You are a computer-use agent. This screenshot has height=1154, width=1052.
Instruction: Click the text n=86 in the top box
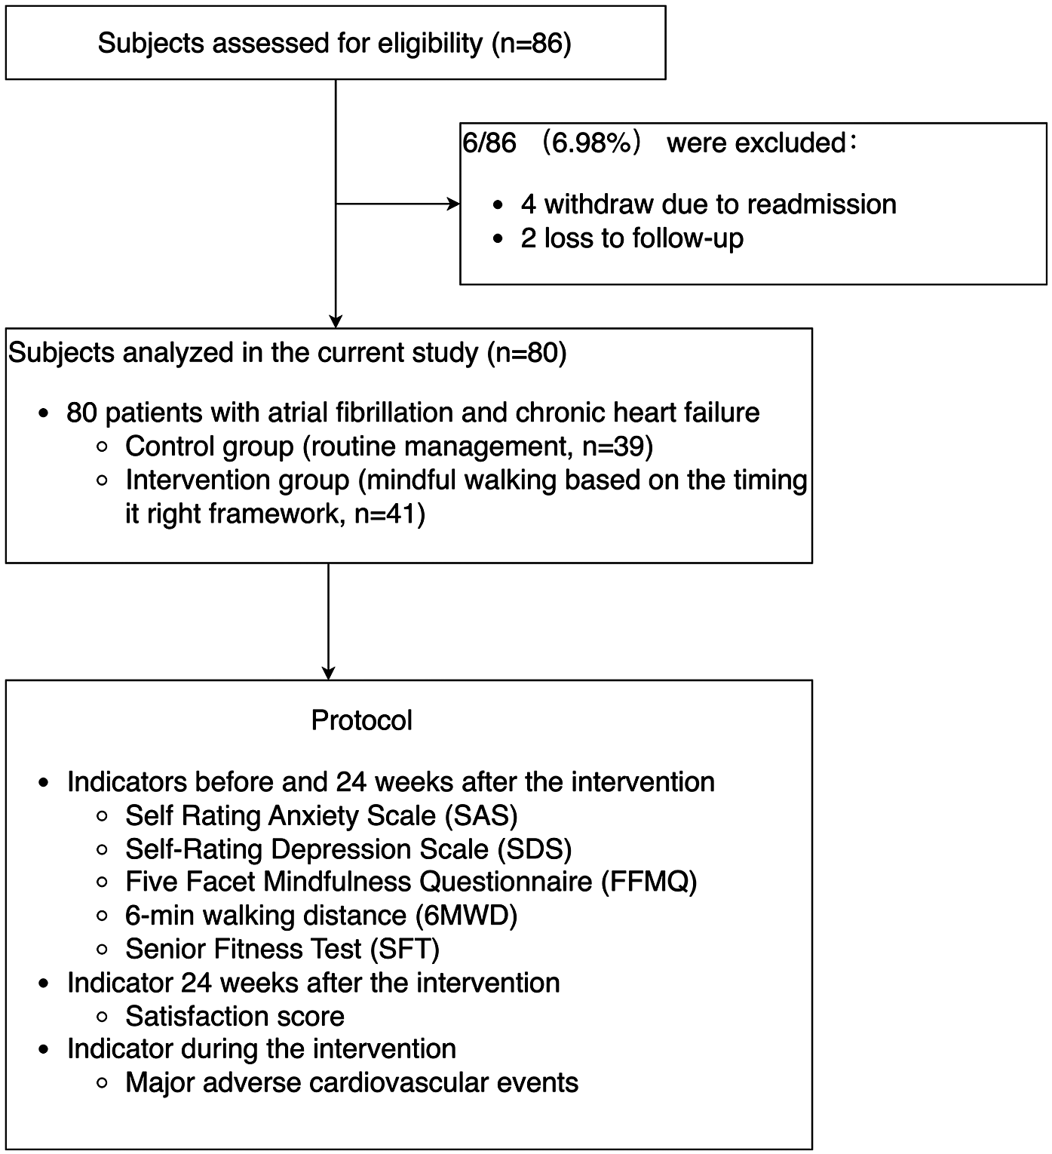[532, 44]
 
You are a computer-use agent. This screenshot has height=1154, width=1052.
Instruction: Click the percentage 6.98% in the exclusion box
[591, 143]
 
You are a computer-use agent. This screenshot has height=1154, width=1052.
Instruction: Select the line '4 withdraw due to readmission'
[708, 204]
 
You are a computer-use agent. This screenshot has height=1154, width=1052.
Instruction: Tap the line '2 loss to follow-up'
[632, 238]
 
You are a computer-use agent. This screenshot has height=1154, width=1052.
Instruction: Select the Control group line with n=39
[388, 447]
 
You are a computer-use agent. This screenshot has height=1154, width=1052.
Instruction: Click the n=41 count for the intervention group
[389, 514]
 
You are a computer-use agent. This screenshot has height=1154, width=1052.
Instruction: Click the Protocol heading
[361, 720]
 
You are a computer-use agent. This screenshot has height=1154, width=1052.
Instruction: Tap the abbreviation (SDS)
[535, 849]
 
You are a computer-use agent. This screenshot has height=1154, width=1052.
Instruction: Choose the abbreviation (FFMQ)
[649, 882]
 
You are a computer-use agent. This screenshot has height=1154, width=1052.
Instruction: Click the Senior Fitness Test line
[282, 949]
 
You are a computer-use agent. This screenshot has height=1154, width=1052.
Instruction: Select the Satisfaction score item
[235, 1017]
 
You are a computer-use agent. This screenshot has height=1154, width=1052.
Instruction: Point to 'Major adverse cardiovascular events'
[351, 1083]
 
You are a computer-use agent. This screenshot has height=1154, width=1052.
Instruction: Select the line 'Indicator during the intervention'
[261, 1049]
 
